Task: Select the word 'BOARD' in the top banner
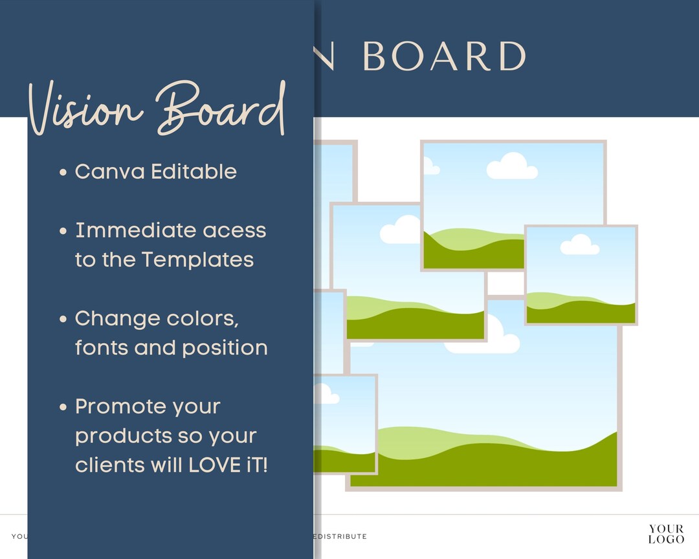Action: pos(443,57)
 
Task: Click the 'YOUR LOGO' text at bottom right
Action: pos(666,534)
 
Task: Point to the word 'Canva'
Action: pos(109,172)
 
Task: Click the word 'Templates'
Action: pos(197,259)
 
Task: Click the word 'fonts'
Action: pos(102,347)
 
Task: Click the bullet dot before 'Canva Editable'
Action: pos(63,173)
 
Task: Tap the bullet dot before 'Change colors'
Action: pos(63,319)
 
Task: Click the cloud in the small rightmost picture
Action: pos(579,245)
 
